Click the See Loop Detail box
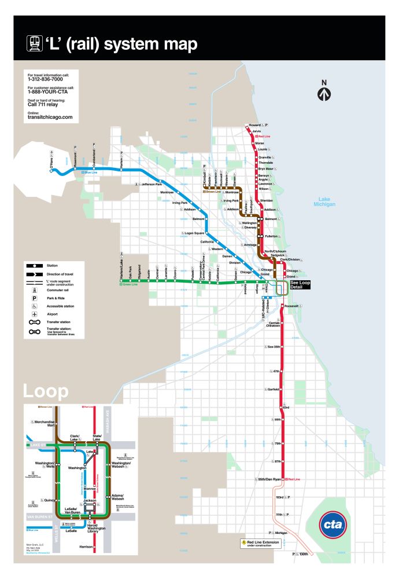300,285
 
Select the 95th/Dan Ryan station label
269,479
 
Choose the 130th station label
304,555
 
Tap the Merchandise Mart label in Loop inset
44,423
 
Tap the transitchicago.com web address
50,116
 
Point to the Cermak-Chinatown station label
274,324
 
